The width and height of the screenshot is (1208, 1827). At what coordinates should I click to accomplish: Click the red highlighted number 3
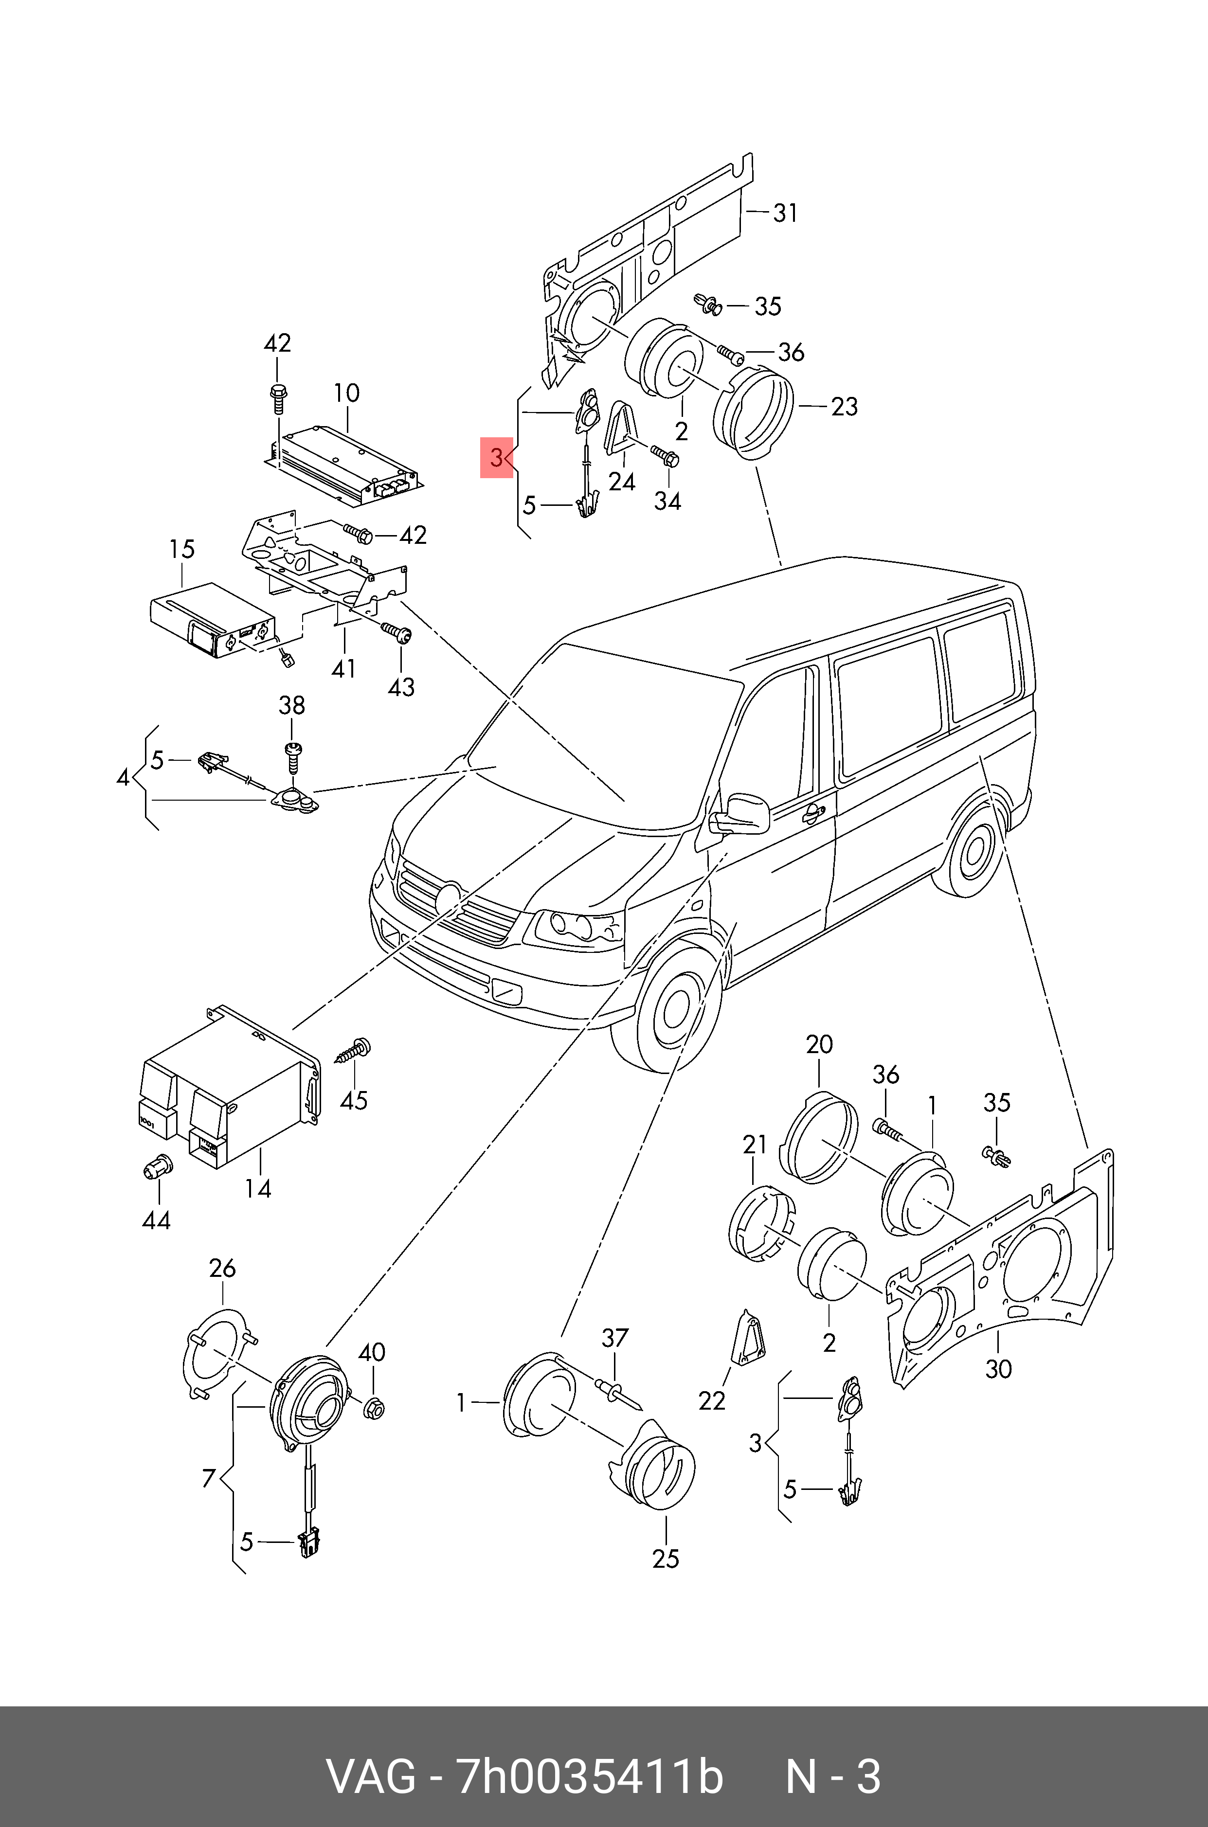tap(496, 458)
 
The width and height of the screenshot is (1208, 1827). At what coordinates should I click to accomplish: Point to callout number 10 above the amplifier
tap(347, 393)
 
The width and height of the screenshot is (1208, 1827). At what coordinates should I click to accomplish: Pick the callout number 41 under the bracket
tap(343, 668)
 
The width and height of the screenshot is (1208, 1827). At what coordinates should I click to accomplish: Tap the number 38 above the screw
tap(291, 705)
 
